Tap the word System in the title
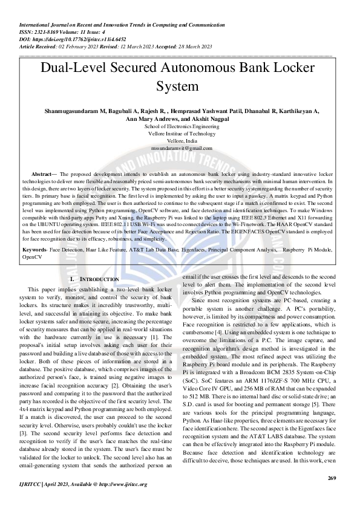[180, 86]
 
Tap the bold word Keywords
[34, 249]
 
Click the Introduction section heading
[96, 279]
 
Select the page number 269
[331, 479]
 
